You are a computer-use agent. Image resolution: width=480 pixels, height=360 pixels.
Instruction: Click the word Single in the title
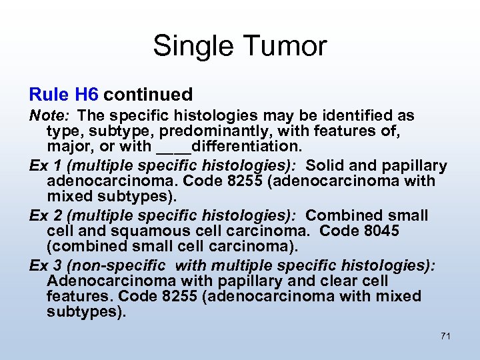tap(193, 47)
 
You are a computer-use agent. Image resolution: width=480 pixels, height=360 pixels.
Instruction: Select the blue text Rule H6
tap(64, 95)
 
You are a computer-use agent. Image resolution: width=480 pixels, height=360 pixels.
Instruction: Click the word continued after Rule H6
tap(148, 95)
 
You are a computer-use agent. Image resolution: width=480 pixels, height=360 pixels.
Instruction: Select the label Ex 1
tap(43, 165)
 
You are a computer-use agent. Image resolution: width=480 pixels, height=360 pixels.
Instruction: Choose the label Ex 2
tap(43, 215)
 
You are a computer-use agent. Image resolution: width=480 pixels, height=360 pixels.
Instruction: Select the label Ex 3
tap(43, 265)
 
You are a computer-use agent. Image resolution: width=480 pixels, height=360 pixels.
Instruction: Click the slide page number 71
tap(445, 336)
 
